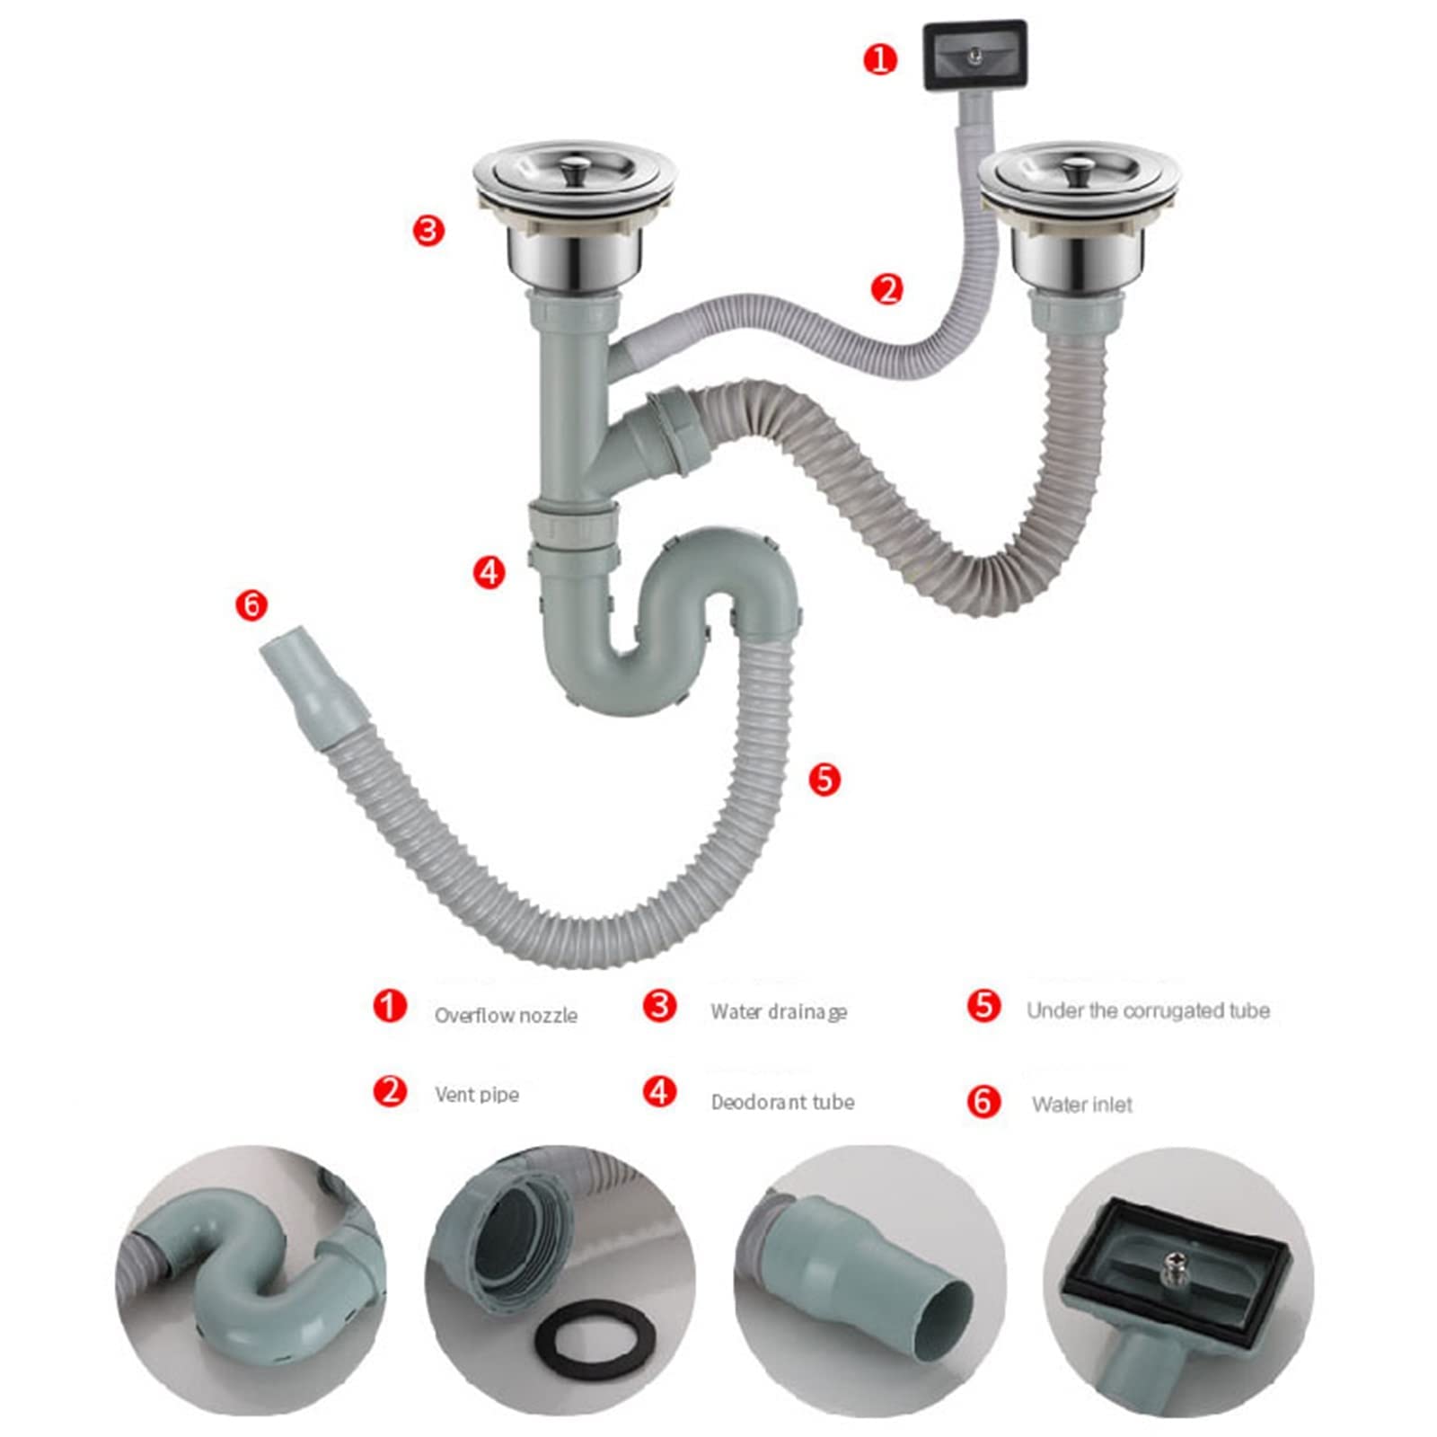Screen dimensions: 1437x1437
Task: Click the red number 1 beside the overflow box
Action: pyautogui.click(x=880, y=60)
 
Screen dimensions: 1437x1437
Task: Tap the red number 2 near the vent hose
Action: pyautogui.click(x=886, y=289)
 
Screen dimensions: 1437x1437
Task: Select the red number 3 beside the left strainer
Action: pyautogui.click(x=428, y=231)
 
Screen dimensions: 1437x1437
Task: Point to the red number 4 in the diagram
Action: pyautogui.click(x=489, y=572)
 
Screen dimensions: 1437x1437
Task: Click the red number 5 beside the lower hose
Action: pyautogui.click(x=824, y=779)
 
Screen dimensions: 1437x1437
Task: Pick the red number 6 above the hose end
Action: pyautogui.click(x=251, y=604)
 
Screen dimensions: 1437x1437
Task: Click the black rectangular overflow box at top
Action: pyautogui.click(x=974, y=55)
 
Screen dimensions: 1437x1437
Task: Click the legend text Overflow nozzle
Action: pyautogui.click(x=506, y=1016)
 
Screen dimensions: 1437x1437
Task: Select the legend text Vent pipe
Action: pyautogui.click(x=477, y=1095)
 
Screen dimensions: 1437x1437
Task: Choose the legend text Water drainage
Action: pyautogui.click(x=779, y=1012)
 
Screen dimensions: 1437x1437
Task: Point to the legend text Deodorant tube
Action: pyautogui.click(x=782, y=1102)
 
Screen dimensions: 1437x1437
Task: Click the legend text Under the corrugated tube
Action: pyautogui.click(x=1148, y=1010)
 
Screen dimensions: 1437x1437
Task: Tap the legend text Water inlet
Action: pyautogui.click(x=1082, y=1105)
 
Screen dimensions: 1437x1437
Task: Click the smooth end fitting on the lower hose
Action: pyautogui.click(x=314, y=692)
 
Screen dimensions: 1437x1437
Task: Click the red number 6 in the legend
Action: pyautogui.click(x=984, y=1101)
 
